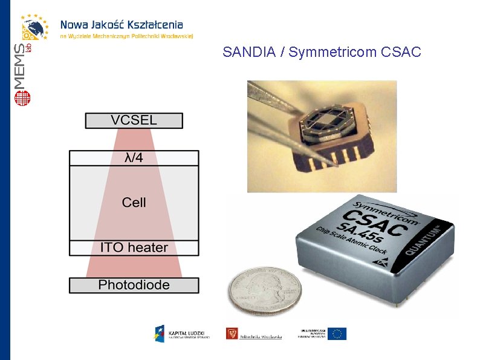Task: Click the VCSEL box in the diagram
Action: click(134, 120)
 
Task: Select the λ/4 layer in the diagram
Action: click(134, 158)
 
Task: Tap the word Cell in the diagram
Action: click(134, 202)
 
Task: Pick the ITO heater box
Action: click(134, 247)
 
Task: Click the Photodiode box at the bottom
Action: click(134, 285)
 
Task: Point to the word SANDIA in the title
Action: click(248, 53)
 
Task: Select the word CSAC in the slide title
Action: click(401, 53)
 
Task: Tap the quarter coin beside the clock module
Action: click(264, 291)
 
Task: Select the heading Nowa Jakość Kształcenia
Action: click(121, 25)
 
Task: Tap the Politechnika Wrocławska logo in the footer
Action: click(254, 333)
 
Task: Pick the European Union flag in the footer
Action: click(337, 333)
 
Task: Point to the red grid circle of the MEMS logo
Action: click(23, 97)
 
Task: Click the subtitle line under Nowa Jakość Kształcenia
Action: click(126, 36)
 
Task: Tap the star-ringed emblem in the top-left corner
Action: click(35, 27)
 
